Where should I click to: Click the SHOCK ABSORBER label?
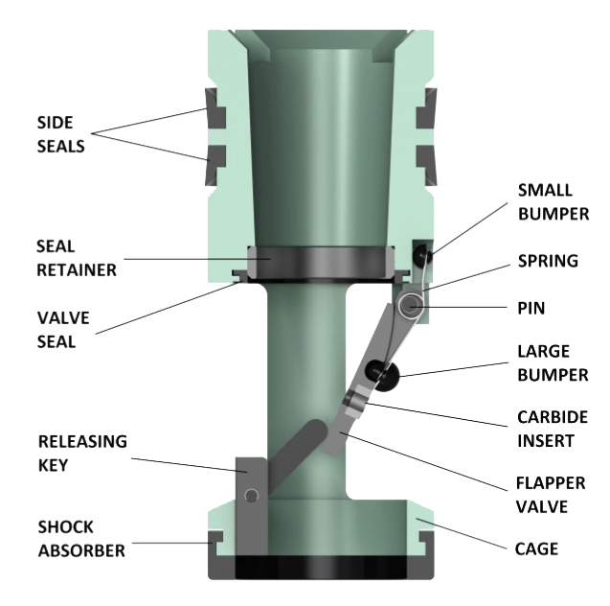click(x=80, y=538)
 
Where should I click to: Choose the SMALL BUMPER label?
click(x=554, y=201)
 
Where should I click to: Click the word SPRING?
click(x=547, y=260)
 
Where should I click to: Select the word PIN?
click(x=531, y=310)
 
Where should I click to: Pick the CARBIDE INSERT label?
click(x=554, y=429)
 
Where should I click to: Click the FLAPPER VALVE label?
click(x=554, y=493)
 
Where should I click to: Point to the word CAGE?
click(x=537, y=549)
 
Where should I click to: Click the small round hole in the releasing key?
click(x=251, y=495)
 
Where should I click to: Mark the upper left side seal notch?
click(x=215, y=116)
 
